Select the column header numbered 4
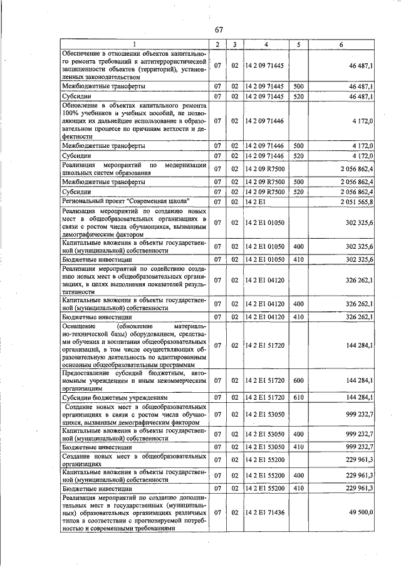[x=266, y=44]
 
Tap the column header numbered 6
[x=341, y=44]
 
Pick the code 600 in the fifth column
[x=298, y=380]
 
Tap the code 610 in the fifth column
[x=298, y=397]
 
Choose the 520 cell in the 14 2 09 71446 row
[x=298, y=155]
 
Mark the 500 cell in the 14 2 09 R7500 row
[x=298, y=182]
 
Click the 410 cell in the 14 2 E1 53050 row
[x=298, y=447]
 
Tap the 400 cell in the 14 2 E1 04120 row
[x=298, y=304]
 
